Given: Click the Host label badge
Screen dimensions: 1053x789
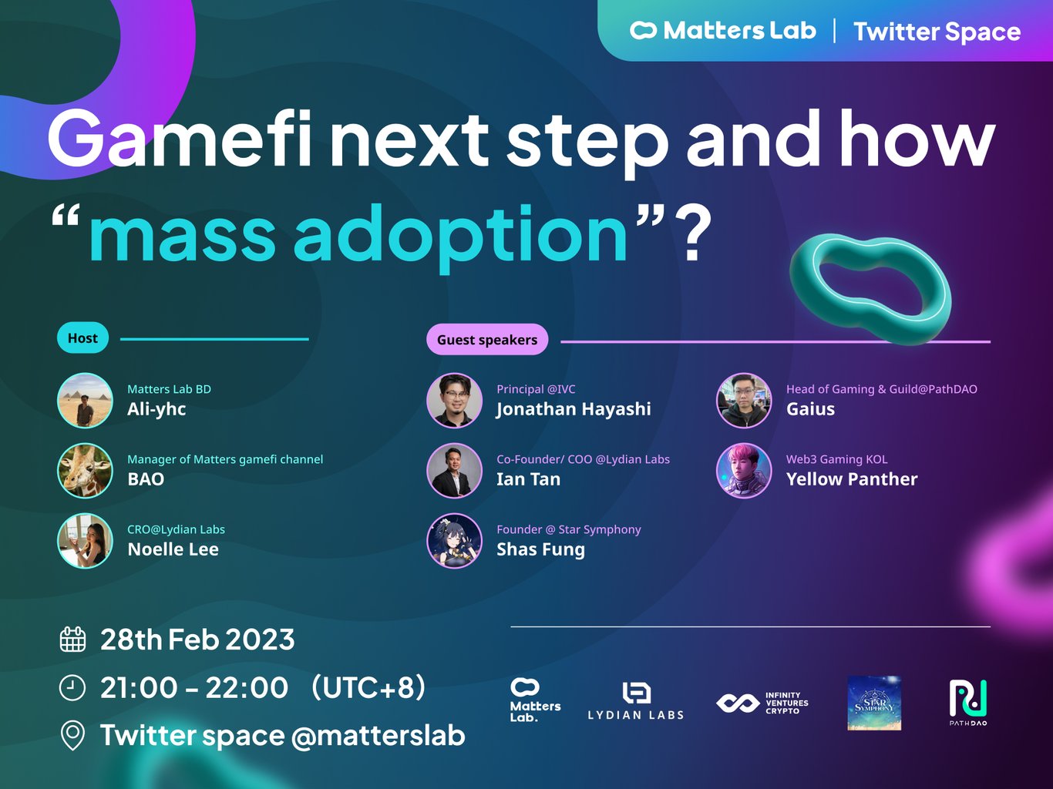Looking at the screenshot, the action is click(82, 338).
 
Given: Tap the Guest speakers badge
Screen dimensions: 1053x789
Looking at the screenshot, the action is click(487, 339).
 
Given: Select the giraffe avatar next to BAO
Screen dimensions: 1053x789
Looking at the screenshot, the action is click(85, 470).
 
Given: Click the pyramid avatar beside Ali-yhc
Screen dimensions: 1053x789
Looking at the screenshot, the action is click(85, 400).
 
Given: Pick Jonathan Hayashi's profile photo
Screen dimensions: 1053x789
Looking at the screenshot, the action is click(454, 400).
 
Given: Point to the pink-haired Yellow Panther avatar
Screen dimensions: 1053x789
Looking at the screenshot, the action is click(744, 470).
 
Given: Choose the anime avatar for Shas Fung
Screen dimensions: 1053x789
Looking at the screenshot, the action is click(454, 541).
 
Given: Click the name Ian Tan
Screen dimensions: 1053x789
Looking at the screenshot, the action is click(528, 479).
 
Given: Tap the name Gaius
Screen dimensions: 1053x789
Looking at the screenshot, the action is click(810, 409).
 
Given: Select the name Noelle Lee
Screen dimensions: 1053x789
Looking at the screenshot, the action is click(173, 549).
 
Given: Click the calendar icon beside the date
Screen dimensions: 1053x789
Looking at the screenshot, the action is click(72, 640).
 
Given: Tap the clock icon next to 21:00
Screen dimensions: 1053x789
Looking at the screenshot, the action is click(72, 688).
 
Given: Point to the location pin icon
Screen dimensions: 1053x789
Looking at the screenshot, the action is click(72, 735).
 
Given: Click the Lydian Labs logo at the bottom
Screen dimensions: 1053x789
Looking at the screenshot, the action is click(636, 701).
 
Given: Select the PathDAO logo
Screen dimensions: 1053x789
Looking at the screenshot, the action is click(968, 703).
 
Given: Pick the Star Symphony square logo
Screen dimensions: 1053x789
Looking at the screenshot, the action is click(874, 703).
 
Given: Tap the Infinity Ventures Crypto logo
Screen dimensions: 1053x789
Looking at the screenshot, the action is click(762, 703).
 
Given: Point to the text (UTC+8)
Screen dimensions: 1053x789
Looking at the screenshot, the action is click(368, 687).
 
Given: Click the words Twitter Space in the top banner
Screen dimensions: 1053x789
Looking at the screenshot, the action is click(937, 32).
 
